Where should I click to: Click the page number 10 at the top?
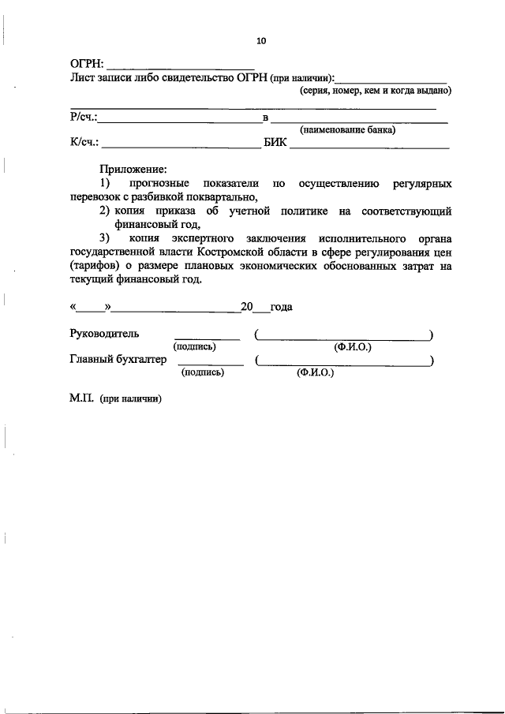coord(262,41)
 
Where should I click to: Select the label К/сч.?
coord(84,144)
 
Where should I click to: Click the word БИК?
coord(275,144)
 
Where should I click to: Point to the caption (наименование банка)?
coord(347,131)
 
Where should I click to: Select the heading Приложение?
coord(133,169)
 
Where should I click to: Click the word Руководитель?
coord(104,335)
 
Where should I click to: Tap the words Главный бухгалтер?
coord(118,360)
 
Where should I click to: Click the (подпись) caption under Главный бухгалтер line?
coord(203,372)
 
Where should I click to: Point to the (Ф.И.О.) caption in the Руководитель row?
coord(353,347)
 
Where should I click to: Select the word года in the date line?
coord(281,307)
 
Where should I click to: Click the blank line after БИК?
coord(370,147)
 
